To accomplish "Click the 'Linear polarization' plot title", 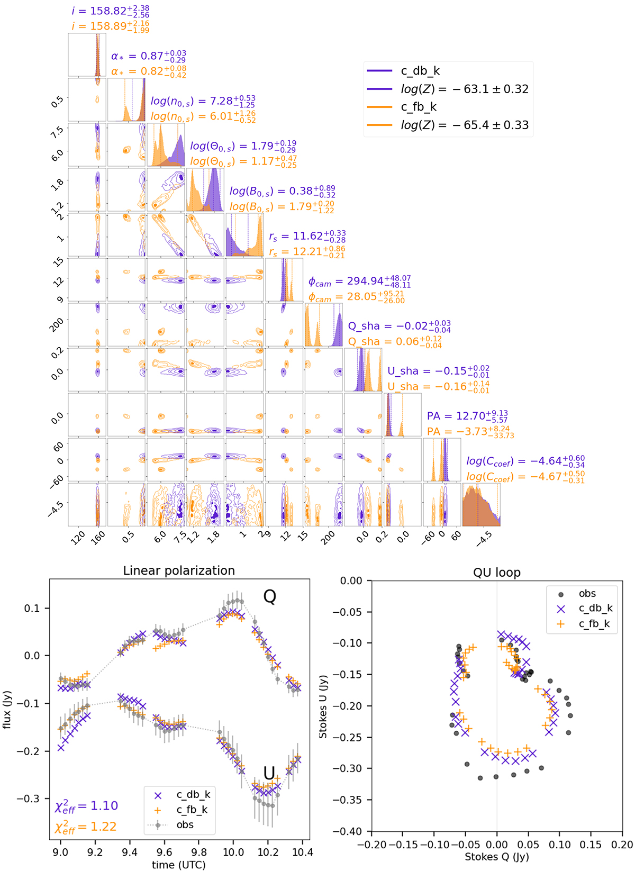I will [x=179, y=570].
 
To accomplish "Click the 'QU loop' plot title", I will [x=496, y=573].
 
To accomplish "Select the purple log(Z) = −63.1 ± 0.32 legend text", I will [x=465, y=89].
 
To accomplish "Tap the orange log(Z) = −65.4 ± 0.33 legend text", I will [x=465, y=125].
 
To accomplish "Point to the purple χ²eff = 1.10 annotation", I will [x=86, y=805].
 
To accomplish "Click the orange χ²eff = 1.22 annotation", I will [x=86, y=826].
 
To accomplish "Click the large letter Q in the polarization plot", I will [x=269, y=597].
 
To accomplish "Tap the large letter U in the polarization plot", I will [x=269, y=773].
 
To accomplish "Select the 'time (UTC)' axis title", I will [x=178, y=865].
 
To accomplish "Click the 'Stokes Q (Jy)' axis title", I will [x=496, y=856].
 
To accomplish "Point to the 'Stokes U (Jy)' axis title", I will [x=323, y=706].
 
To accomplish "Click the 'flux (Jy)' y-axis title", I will [x=7, y=709].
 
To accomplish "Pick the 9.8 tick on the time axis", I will [x=199, y=852].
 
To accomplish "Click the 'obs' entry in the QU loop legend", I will [x=587, y=593].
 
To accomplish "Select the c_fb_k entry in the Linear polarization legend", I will [x=192, y=810].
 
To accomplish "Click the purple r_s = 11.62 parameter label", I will [x=307, y=236].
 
